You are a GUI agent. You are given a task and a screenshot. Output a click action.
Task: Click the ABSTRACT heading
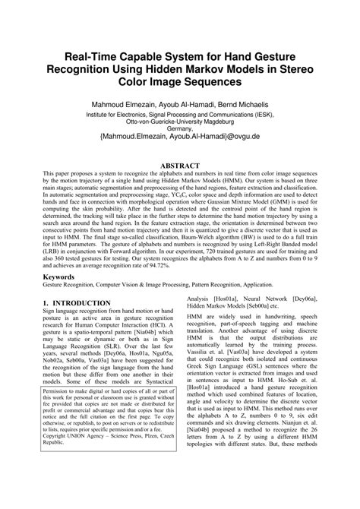(180, 166)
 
